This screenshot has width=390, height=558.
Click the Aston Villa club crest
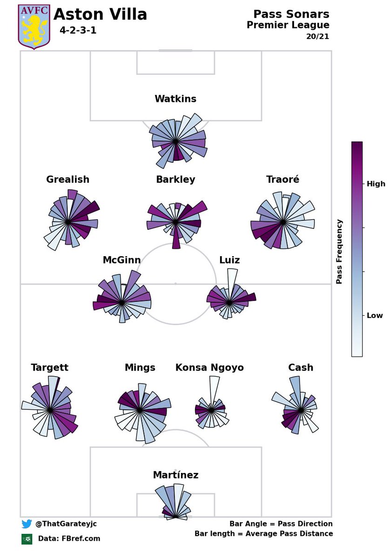click(34, 26)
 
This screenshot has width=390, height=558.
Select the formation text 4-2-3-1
click(78, 31)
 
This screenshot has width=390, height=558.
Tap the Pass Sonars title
click(291, 14)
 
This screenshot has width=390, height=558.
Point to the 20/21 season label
click(317, 37)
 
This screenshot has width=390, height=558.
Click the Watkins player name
click(175, 99)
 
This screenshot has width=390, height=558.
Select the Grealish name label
click(67, 179)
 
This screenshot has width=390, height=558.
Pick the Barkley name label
click(175, 179)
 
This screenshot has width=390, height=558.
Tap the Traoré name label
click(282, 179)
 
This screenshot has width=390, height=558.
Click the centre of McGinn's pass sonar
click(121, 302)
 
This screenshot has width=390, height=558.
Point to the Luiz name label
click(229, 260)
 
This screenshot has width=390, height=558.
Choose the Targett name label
click(49, 368)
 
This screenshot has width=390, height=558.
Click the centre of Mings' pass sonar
click(140, 410)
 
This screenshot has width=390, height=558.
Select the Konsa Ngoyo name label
click(209, 368)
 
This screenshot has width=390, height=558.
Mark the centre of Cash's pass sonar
click(301, 410)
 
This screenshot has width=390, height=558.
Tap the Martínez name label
click(175, 475)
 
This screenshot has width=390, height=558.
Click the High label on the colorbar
click(376, 184)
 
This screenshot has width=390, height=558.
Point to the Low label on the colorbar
click(375, 315)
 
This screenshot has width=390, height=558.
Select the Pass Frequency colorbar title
click(339, 251)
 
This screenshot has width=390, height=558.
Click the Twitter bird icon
click(27, 524)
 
